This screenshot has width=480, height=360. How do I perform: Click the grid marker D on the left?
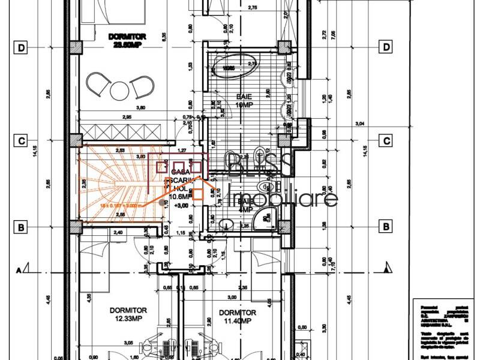[21, 47]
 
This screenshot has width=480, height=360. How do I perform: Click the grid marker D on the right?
[387, 47]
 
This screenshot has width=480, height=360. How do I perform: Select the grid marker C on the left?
[21, 141]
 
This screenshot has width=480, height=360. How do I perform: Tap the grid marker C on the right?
[387, 141]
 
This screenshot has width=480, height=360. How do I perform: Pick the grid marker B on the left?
[21, 227]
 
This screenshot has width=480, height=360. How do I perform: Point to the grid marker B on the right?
[387, 227]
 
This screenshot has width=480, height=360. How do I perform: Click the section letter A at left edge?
[20, 269]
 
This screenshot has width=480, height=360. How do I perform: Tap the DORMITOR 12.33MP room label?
[128, 314]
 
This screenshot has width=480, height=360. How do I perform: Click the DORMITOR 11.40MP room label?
[237, 317]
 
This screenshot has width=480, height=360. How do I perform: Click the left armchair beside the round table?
[96, 83]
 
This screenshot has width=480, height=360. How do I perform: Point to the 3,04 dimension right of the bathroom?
[360, 123]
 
